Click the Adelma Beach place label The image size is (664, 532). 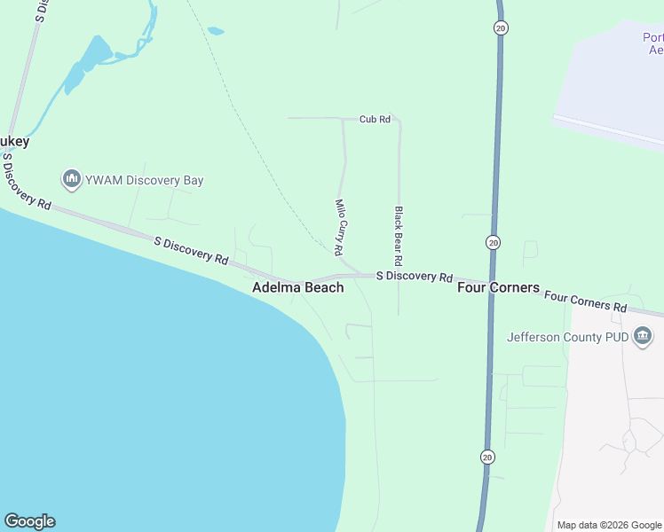click(297, 287)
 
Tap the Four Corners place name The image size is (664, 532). click(498, 287)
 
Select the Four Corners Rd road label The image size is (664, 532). click(586, 301)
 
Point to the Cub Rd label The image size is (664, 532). click(375, 119)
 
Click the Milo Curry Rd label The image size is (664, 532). click(339, 227)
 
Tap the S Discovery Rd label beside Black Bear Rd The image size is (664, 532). click(415, 277)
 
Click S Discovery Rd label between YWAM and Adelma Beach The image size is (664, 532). click(191, 250)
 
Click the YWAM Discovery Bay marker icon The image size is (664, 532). click(71, 180)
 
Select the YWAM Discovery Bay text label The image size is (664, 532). click(145, 180)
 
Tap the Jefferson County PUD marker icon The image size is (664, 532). click(643, 337)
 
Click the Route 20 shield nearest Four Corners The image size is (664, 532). click(494, 242)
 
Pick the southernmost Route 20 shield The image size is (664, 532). click(487, 457)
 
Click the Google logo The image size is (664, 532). click(29, 521)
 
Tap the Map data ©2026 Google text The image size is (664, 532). click(608, 525)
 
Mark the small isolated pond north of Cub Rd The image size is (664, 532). click(215, 31)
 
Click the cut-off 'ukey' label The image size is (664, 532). click(15, 141)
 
